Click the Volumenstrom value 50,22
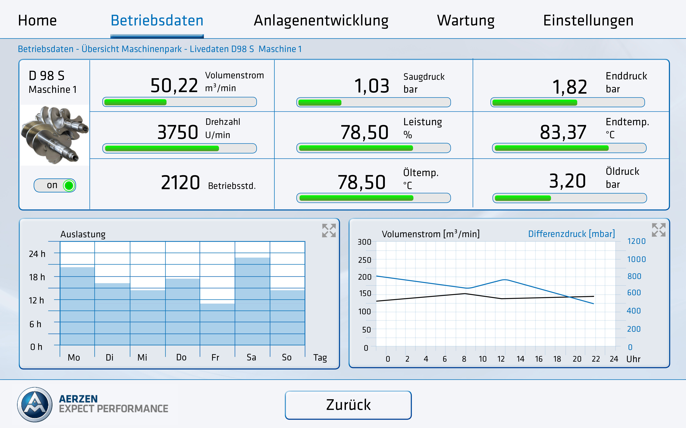[174, 86]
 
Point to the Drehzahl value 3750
[178, 132]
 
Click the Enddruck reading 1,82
[569, 87]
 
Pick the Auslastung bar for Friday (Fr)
[217, 324]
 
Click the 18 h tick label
[37, 277]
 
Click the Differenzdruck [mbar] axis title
[571, 234]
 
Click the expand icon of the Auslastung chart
[329, 230]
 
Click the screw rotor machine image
[54, 135]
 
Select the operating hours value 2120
[180, 183]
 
